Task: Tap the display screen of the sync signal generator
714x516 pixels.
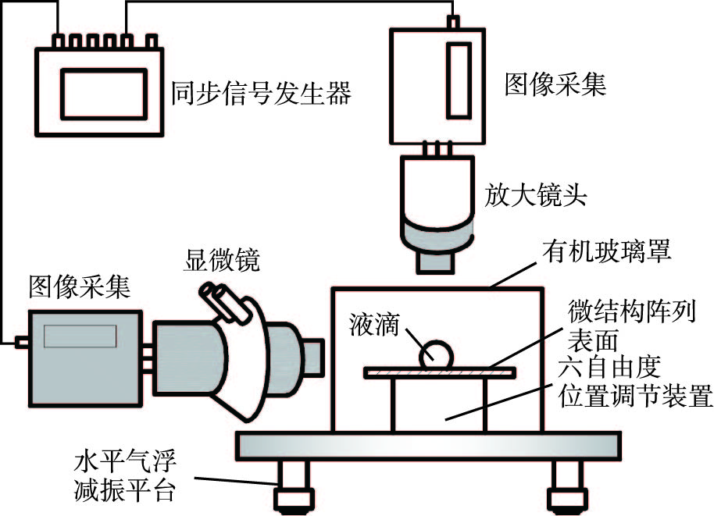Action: click(103, 91)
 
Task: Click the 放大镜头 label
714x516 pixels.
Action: click(536, 196)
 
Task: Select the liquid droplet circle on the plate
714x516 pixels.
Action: click(437, 356)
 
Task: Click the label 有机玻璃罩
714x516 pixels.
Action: click(605, 252)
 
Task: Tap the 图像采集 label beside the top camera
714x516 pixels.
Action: click(555, 84)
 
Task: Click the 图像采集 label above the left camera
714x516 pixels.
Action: click(79, 287)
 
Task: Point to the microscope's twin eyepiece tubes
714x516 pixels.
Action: click(220, 300)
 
